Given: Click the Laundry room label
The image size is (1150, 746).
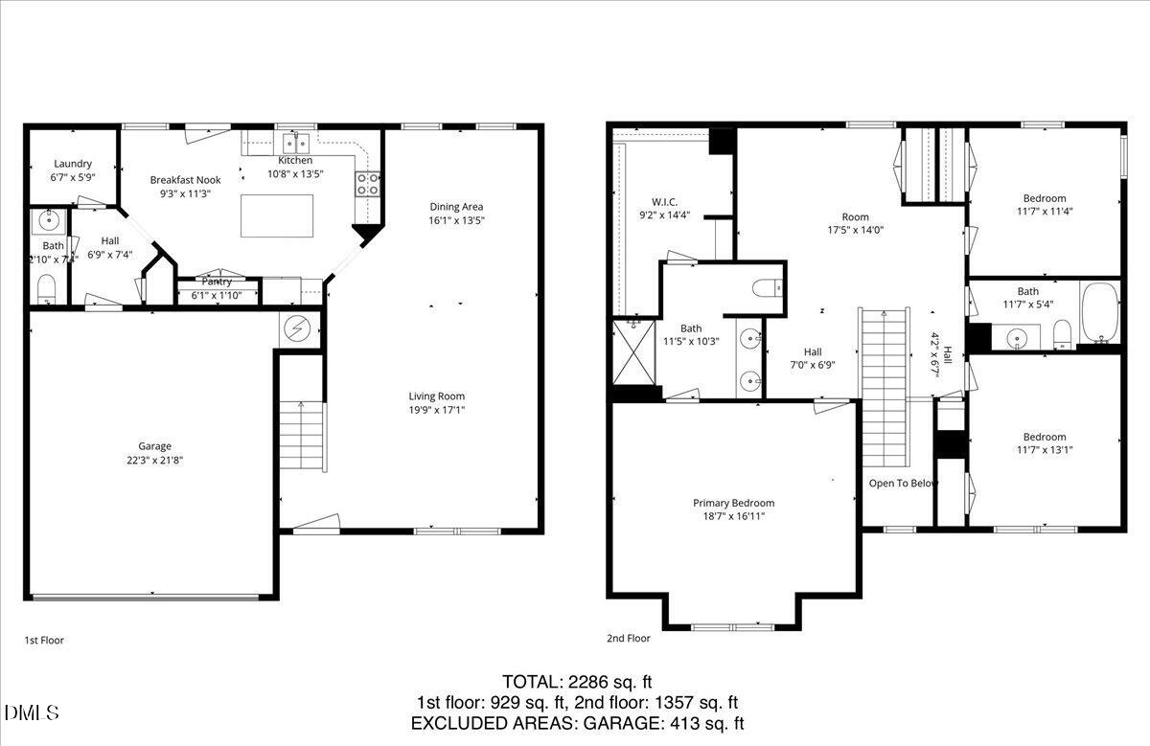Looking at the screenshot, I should point(73,164).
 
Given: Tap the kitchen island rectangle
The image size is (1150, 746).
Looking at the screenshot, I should point(276,215).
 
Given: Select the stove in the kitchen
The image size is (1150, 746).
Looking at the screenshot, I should point(367,184).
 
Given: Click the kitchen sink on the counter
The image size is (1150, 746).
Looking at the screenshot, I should point(296,145).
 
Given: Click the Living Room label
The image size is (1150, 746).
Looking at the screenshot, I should point(436,396).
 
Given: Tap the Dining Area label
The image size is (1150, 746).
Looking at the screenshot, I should point(456,207).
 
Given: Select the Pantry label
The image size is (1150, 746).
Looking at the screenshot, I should point(218,282).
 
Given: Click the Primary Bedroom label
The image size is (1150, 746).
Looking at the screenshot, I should point(733,503).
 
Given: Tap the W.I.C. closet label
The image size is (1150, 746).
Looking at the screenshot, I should point(664,202).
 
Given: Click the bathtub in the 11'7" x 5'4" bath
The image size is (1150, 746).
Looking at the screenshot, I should point(1099,312).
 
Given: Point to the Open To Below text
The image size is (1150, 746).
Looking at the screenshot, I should point(903,484).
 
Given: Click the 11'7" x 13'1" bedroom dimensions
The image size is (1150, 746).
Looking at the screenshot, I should point(1044,449).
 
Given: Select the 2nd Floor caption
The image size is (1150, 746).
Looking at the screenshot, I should point(628,638).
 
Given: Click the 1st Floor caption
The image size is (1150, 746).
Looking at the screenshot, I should point(44,640).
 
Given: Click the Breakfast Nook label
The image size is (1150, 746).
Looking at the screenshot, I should point(185,180).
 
